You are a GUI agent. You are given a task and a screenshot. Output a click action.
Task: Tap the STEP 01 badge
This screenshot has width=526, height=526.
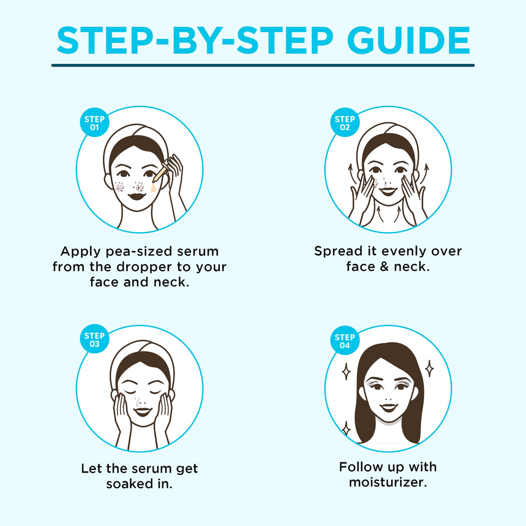[x=94, y=123]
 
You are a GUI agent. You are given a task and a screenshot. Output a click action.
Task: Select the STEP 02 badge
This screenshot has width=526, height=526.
[x=344, y=123]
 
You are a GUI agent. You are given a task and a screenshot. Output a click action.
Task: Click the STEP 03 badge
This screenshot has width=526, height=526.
[x=94, y=339]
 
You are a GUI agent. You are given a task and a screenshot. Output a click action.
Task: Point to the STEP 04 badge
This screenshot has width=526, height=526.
[x=344, y=341]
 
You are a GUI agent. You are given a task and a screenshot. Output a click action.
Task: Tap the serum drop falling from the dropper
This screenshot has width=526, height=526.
[x=154, y=188]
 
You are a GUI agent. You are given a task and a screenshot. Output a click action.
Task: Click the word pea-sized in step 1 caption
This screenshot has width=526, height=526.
[x=139, y=251]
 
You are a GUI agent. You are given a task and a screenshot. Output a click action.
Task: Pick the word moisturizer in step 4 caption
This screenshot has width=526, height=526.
[x=388, y=482]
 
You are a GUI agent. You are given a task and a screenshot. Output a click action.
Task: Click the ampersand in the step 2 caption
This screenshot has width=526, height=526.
[x=384, y=267]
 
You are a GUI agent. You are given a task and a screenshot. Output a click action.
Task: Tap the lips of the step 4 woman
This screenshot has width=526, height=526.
[x=388, y=407]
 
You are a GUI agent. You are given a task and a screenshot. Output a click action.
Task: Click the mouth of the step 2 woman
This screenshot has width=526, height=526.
[x=388, y=191]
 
